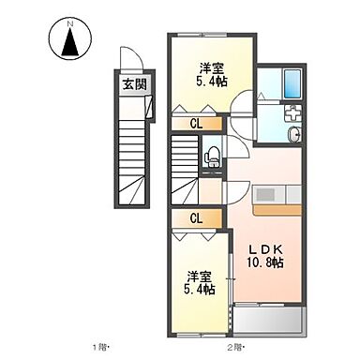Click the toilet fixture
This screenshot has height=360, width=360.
pos(213,157)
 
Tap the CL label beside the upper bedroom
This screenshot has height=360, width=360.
pos(197,122)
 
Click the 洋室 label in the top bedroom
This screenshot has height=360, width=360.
pos(210,67)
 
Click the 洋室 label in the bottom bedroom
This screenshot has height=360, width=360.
pos(197,276)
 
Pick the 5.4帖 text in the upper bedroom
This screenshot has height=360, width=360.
pos(210,82)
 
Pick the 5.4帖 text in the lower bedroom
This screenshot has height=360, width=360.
pos(197,290)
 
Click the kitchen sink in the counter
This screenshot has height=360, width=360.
pos(264,194)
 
